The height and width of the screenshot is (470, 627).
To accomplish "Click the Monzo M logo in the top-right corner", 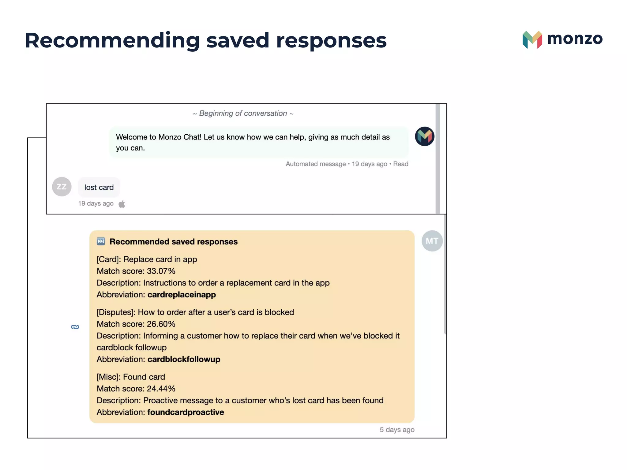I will (532, 40).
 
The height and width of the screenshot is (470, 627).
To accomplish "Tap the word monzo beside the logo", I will (575, 39).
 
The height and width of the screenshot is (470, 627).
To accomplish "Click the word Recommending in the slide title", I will (112, 40).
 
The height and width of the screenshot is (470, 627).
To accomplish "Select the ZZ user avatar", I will (62, 187).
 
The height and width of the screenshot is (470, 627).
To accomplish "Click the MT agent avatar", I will (432, 241).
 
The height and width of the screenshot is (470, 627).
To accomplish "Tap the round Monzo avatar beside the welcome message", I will (424, 136).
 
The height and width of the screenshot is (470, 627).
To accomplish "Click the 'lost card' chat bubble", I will (99, 187).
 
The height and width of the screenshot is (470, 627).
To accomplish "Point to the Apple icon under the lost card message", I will (122, 204).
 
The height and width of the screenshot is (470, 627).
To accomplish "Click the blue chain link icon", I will (75, 327).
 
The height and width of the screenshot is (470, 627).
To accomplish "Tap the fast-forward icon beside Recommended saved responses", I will (101, 241).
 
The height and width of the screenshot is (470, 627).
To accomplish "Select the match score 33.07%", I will (161, 271).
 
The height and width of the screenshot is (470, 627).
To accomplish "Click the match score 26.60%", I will (161, 324).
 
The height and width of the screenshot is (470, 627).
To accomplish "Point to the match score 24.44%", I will (161, 389).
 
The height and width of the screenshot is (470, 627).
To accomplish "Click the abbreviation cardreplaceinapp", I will (182, 295).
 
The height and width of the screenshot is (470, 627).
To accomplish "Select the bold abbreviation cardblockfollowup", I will (184, 359).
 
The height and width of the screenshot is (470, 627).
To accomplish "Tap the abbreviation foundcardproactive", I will (186, 412).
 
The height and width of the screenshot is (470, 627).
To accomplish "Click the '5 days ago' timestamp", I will (397, 430).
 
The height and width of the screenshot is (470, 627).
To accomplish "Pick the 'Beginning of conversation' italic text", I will (243, 114).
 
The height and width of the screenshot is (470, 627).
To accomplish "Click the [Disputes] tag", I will (116, 312).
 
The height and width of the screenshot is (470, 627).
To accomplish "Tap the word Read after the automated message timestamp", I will (401, 164).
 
